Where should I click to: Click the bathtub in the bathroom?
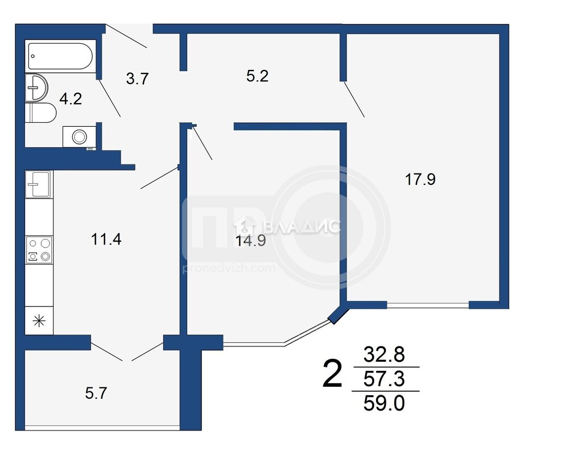point(60,56)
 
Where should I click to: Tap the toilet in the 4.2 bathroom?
point(40,113)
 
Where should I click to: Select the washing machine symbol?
point(80,137)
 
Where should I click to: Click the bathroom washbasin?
point(36,88)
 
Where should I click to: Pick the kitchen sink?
point(38,184)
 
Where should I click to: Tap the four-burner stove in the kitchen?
point(39,250)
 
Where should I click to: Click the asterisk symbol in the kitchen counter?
point(39,321)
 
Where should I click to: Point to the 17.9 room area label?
point(420,179)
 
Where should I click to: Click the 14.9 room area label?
point(250,241)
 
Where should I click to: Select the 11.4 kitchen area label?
point(106,239)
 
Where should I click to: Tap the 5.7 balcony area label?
point(96,393)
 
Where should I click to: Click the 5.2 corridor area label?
point(257,76)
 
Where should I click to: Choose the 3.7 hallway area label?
point(137,78)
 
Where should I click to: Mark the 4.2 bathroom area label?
point(71,99)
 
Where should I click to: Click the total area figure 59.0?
point(384,403)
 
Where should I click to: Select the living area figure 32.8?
point(384,354)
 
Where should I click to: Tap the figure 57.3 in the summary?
point(384,378)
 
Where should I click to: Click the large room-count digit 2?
point(332,373)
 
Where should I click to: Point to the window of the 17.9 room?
point(428,304)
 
